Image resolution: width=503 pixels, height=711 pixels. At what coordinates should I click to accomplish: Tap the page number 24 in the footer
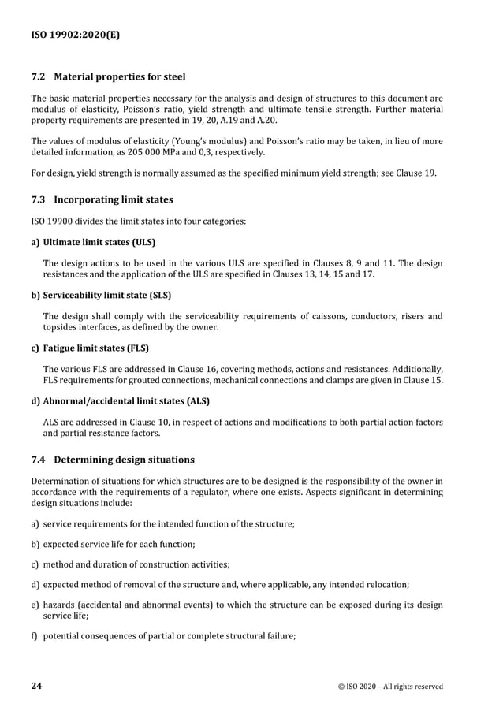click(36, 686)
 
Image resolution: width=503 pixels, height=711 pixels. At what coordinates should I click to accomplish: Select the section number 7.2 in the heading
click(39, 77)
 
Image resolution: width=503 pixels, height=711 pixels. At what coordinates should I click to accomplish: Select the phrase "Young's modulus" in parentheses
click(211, 141)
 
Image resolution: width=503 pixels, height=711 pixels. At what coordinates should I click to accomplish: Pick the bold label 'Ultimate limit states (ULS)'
click(99, 243)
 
